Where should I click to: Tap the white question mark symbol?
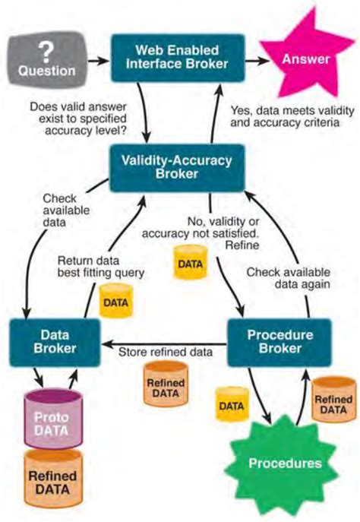[x=47, y=50]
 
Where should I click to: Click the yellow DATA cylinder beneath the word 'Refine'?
[x=190, y=263]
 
